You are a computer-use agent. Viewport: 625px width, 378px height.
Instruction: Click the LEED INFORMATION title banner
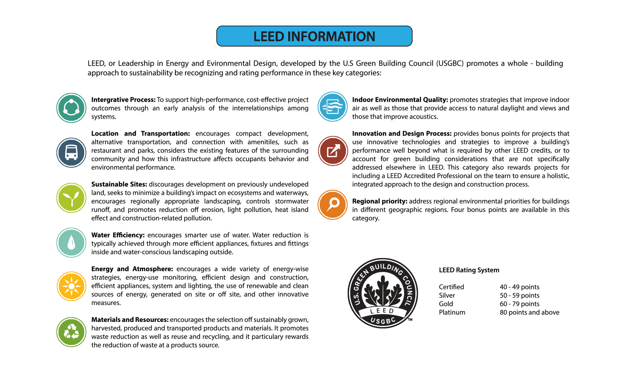[x=314, y=36]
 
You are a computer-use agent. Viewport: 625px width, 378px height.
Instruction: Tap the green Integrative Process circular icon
[x=71, y=108]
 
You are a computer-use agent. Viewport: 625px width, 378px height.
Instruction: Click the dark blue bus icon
[x=71, y=153]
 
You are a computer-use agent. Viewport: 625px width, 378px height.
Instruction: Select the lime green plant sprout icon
[x=71, y=198]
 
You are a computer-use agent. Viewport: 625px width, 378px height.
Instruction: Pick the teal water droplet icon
[x=71, y=242]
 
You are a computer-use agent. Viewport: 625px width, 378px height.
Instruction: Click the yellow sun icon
[x=71, y=286]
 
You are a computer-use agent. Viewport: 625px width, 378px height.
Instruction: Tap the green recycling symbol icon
[x=71, y=332]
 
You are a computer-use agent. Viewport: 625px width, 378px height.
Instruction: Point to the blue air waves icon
[x=332, y=106]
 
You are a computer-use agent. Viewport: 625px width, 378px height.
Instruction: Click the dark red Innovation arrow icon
[x=332, y=151]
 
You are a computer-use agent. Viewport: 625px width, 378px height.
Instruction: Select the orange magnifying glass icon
[x=332, y=205]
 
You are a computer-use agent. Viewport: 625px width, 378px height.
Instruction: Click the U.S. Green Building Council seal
[x=383, y=293]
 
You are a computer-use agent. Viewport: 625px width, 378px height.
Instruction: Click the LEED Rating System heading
[x=469, y=270]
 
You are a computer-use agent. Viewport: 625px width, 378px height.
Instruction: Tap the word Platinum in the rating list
[x=452, y=312]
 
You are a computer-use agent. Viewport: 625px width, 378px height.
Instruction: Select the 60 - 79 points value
[x=520, y=304]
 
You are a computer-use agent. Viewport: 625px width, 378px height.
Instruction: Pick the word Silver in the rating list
[x=447, y=295]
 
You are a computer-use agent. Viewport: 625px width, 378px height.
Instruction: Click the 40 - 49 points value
[x=520, y=287]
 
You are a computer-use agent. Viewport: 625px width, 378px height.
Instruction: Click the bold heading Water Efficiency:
[x=118, y=235]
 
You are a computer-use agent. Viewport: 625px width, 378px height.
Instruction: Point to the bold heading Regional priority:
[x=379, y=201]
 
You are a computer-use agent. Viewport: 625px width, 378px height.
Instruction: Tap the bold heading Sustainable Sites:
[x=119, y=184]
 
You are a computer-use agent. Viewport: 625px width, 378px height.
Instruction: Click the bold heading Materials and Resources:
[x=130, y=320]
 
